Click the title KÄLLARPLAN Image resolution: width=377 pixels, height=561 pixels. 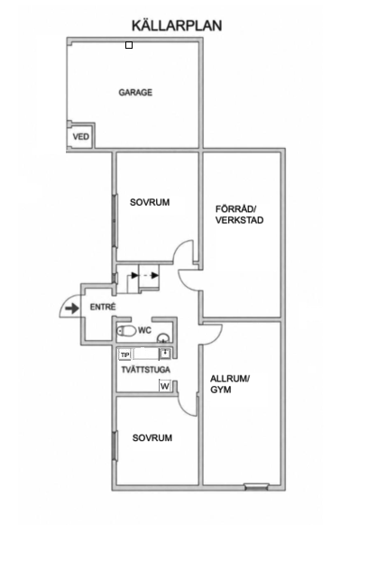coord(177,25)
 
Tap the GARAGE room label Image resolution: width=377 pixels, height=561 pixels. coord(135,92)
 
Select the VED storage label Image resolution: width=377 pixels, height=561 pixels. coord(81,137)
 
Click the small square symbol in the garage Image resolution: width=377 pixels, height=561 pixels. coord(129,45)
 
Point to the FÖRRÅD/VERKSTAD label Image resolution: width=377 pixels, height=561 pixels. coord(239,215)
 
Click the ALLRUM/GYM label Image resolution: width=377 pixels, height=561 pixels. coord(230,384)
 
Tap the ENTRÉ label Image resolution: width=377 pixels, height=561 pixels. coord(103,307)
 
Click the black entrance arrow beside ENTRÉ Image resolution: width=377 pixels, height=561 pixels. coord(72,308)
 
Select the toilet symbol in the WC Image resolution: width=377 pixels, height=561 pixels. coord(126,331)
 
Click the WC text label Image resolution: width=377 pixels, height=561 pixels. coord(144,330)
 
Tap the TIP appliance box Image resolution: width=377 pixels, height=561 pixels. coord(124,355)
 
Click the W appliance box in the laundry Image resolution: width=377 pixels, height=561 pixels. coord(165,386)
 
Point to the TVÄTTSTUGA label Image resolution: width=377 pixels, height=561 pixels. coord(145,370)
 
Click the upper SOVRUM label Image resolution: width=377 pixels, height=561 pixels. coord(150,202)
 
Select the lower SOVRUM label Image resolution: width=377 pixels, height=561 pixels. coord(152,437)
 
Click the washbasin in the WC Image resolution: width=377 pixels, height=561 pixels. coord(163,337)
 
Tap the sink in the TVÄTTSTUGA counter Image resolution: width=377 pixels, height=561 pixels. coord(165,354)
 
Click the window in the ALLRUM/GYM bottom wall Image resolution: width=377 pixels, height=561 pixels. coord(256,486)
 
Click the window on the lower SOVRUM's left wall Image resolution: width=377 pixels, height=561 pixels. coord(115,446)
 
